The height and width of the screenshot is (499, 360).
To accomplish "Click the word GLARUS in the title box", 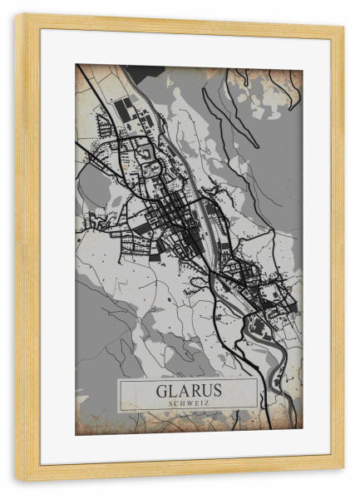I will click(x=188, y=390).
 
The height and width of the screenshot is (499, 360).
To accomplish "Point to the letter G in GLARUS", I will click(x=160, y=390).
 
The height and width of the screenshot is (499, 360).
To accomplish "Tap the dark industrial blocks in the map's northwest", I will click(x=125, y=112).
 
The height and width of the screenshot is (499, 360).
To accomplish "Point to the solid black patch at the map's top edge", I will click(x=145, y=72).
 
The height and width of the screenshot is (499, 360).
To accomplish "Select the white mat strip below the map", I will click(x=188, y=449).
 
